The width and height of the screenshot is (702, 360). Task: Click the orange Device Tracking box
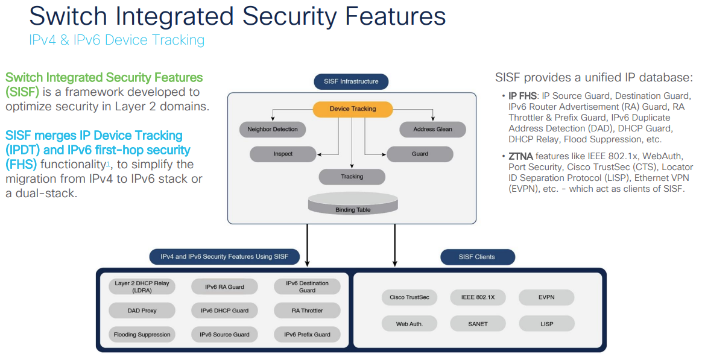(x=353, y=109)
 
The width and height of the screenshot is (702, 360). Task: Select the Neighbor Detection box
(x=273, y=129)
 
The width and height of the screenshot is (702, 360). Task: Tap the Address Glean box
(x=432, y=129)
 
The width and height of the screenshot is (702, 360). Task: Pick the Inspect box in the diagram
(x=283, y=154)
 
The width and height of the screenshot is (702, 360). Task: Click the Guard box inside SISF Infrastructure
(x=420, y=154)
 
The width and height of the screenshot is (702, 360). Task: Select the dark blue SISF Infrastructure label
(x=351, y=81)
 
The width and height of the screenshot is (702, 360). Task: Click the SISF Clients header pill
(x=477, y=257)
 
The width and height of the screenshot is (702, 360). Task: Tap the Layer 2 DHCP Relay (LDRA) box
(x=142, y=286)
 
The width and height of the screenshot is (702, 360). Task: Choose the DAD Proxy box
(x=142, y=311)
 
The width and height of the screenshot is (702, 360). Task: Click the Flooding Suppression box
(x=142, y=334)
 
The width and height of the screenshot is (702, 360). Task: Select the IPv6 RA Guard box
(x=224, y=286)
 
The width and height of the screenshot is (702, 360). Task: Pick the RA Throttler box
(x=307, y=311)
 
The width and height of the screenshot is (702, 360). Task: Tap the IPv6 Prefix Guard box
(x=307, y=334)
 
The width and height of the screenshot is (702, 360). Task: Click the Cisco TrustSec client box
(x=409, y=297)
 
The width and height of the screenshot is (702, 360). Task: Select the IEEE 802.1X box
(x=478, y=297)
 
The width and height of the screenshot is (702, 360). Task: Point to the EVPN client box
(x=546, y=297)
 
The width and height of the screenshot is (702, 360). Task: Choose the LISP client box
(x=546, y=324)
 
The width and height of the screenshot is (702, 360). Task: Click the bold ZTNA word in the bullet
(x=520, y=156)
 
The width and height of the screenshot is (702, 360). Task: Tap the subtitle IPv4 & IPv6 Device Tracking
(x=116, y=40)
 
